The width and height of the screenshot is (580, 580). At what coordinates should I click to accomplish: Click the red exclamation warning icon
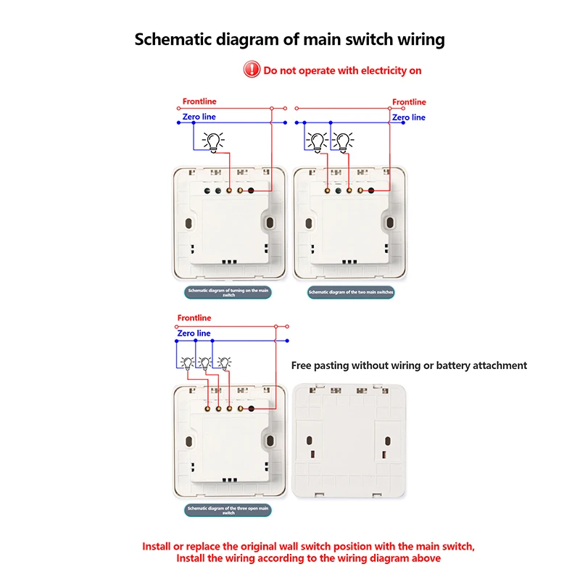[x=252, y=70]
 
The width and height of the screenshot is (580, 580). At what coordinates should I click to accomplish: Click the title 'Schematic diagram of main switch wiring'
[x=290, y=39]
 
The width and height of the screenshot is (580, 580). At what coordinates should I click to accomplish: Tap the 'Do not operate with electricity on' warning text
[x=342, y=70]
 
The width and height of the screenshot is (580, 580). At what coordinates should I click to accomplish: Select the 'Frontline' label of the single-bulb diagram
[x=199, y=101]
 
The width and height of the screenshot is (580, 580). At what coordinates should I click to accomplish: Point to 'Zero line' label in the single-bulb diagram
[x=199, y=117]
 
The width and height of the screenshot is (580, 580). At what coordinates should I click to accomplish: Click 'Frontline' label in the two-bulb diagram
[x=409, y=102]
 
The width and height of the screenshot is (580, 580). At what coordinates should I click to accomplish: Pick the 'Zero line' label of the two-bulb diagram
[x=409, y=117]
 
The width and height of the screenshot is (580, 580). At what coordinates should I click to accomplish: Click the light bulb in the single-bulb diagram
[x=214, y=141]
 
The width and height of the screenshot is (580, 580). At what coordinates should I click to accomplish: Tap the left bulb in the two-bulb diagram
[x=317, y=141]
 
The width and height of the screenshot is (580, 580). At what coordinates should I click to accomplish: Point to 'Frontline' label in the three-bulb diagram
[x=194, y=318]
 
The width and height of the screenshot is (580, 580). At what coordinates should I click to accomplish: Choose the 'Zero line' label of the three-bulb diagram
[x=194, y=333]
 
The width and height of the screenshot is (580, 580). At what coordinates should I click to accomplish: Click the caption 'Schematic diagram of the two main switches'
[x=351, y=293]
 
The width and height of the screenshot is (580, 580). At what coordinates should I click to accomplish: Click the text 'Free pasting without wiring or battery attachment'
[x=409, y=365]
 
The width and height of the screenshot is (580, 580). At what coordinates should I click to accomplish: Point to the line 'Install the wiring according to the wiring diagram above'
[x=308, y=558]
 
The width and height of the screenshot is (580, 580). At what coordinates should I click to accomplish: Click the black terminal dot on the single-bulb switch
[x=251, y=191]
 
